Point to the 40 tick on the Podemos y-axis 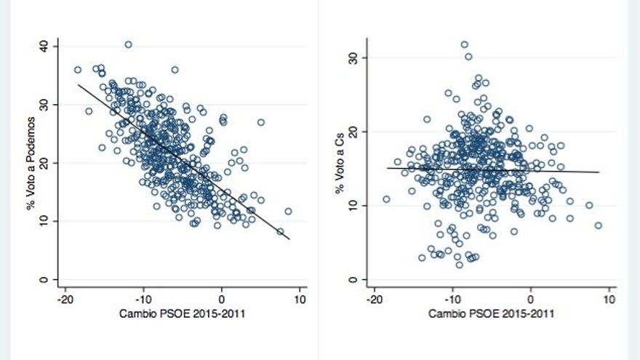[46, 45]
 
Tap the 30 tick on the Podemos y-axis [46, 104]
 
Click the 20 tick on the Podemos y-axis [46, 162]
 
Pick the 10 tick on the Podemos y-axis [46, 220]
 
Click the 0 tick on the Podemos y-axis [46, 279]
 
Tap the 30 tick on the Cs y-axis [354, 57]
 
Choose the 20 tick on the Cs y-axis [354, 132]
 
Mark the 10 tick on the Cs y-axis [354, 206]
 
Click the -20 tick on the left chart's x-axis [65, 299]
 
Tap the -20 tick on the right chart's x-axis [374, 299]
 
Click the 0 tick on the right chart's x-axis [531, 299]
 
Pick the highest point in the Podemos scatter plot [128, 44]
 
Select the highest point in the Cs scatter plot [464, 44]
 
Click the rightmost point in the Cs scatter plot [598, 225]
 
